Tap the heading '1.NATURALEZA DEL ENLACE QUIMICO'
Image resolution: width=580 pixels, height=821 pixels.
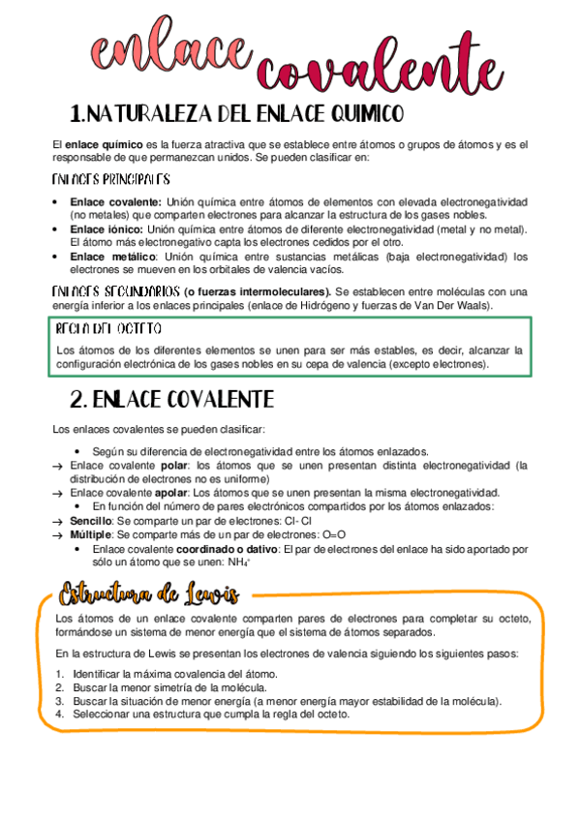click(236, 115)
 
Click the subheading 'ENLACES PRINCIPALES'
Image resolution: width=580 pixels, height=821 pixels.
click(110, 179)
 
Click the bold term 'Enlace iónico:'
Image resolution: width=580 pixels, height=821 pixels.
click(101, 228)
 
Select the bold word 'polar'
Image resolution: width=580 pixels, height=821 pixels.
click(173, 465)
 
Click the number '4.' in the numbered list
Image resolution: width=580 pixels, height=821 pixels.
click(59, 714)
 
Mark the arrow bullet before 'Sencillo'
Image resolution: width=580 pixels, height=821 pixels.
click(58, 521)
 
